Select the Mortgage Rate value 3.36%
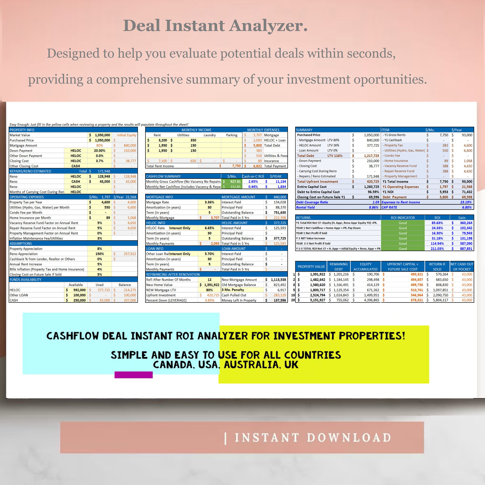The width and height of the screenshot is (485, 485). tap(209, 202)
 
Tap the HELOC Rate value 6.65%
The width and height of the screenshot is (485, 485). tap(209, 228)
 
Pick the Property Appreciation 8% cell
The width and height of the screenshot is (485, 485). tap(99, 249)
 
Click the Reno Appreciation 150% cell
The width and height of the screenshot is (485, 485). tap(99, 254)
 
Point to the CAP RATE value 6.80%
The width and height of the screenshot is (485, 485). tap(467, 207)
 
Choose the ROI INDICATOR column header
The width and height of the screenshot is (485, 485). tap(403, 218)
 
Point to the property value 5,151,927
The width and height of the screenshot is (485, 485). tap(317, 300)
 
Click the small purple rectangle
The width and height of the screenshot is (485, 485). tap(133, 375)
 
